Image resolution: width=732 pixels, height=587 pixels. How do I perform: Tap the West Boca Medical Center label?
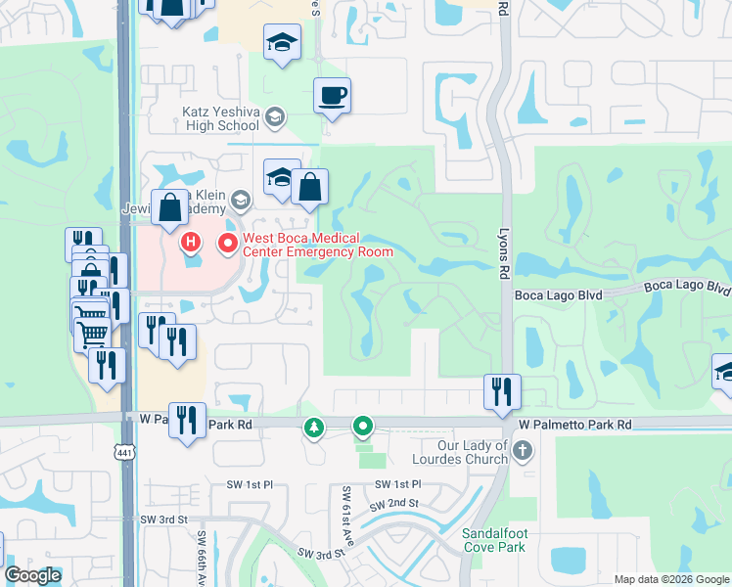pyautogui.click(x=301, y=245)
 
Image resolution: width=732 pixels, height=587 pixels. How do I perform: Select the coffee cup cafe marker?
pyautogui.click(x=332, y=96)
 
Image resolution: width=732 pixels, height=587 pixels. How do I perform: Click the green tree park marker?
pyautogui.click(x=313, y=428)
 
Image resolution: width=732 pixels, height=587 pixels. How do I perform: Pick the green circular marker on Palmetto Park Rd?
pyautogui.click(x=363, y=427)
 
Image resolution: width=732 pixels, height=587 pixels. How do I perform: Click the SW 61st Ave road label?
pyautogui.click(x=346, y=509)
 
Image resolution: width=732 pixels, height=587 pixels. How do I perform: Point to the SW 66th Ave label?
pyautogui.click(x=201, y=554)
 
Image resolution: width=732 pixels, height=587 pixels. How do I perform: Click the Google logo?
pyautogui.click(x=33, y=576)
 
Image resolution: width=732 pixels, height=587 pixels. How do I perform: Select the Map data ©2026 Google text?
pyautogui.click(x=670, y=578)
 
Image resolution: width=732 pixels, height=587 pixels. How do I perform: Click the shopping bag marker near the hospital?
pyautogui.click(x=170, y=207)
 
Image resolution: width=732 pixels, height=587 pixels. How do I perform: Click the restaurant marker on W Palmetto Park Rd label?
pyautogui.click(x=186, y=420)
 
